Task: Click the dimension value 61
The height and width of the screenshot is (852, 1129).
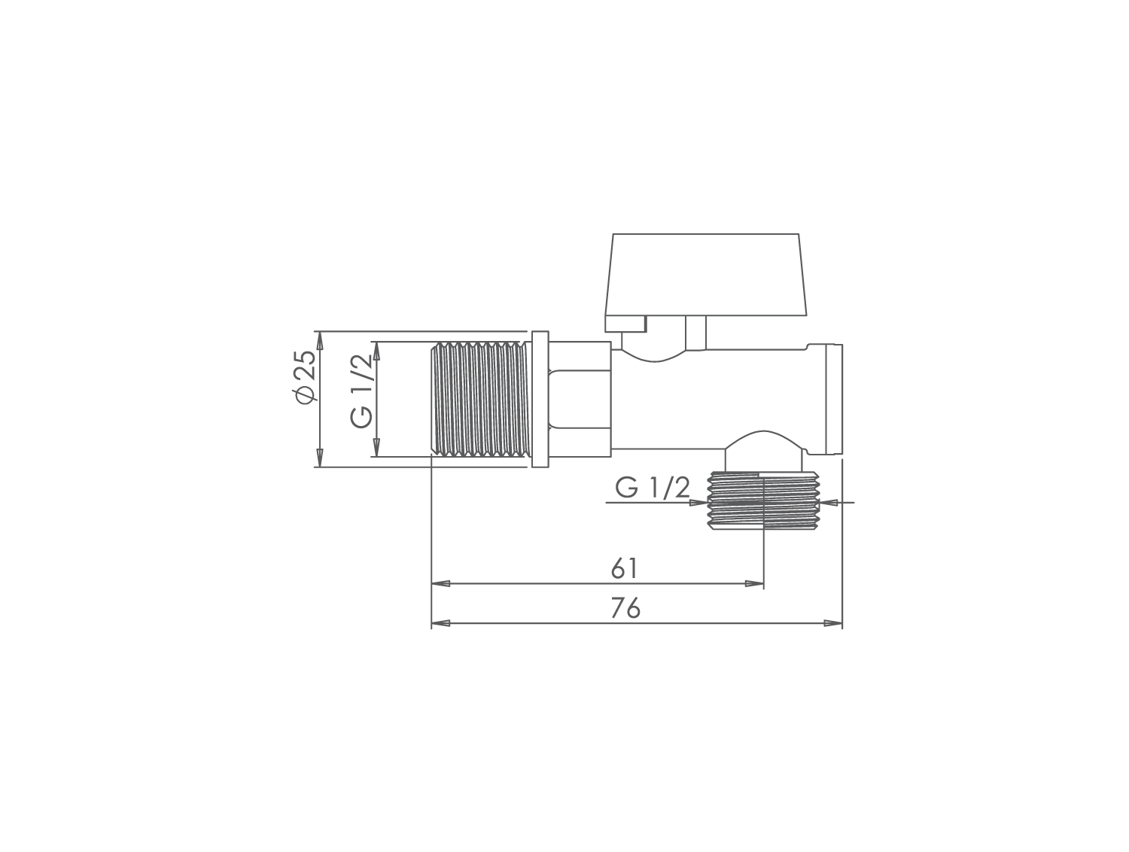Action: pos(625,568)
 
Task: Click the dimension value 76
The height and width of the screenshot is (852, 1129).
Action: pos(625,607)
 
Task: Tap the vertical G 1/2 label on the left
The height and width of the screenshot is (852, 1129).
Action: pos(361,391)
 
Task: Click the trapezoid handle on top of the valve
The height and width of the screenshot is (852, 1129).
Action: pos(706,275)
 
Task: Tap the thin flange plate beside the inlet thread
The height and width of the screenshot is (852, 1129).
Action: pos(540,399)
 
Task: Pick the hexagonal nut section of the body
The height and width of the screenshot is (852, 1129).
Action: pos(580,399)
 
